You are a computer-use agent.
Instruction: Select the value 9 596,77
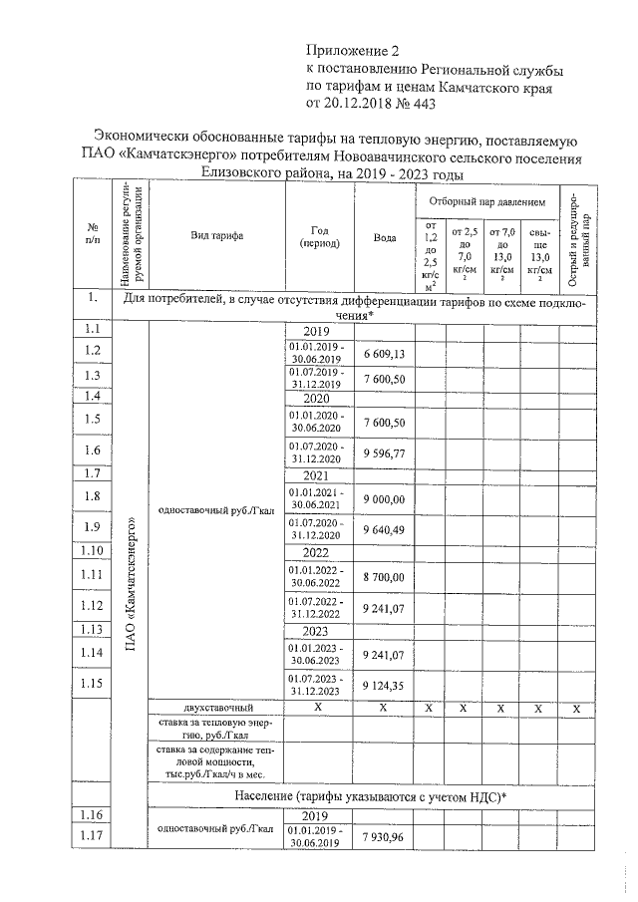[x=384, y=451]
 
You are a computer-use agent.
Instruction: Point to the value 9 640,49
[x=384, y=528]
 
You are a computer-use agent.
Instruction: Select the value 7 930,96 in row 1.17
[x=384, y=835]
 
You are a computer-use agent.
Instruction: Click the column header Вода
[x=384, y=237]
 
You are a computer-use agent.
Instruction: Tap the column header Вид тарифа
[x=216, y=236]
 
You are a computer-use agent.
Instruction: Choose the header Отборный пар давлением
[x=487, y=201]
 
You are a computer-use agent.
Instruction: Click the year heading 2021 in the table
[x=315, y=475]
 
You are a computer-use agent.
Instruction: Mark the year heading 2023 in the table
[x=315, y=631]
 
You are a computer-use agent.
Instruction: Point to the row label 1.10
[x=93, y=551]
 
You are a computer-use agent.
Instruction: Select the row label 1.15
[x=93, y=684]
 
